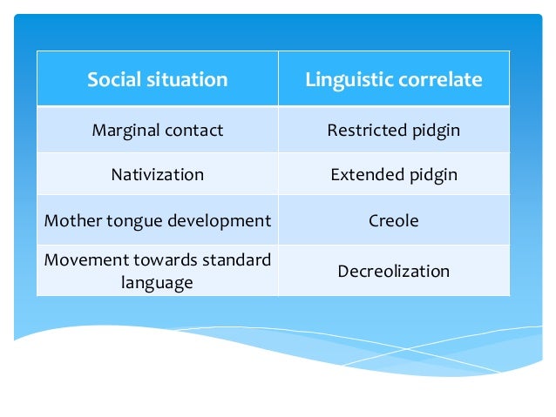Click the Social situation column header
[x=157, y=80]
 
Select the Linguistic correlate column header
[x=393, y=80]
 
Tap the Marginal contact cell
[x=157, y=131]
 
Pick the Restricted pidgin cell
[x=393, y=131]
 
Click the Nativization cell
[x=157, y=174]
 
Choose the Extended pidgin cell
[x=393, y=174]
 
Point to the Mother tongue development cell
[x=157, y=221]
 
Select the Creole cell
[x=393, y=221]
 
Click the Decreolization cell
[x=393, y=271]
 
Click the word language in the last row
[x=157, y=282]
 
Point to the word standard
[x=236, y=260]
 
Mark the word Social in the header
[x=112, y=80]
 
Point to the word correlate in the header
[x=441, y=80]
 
